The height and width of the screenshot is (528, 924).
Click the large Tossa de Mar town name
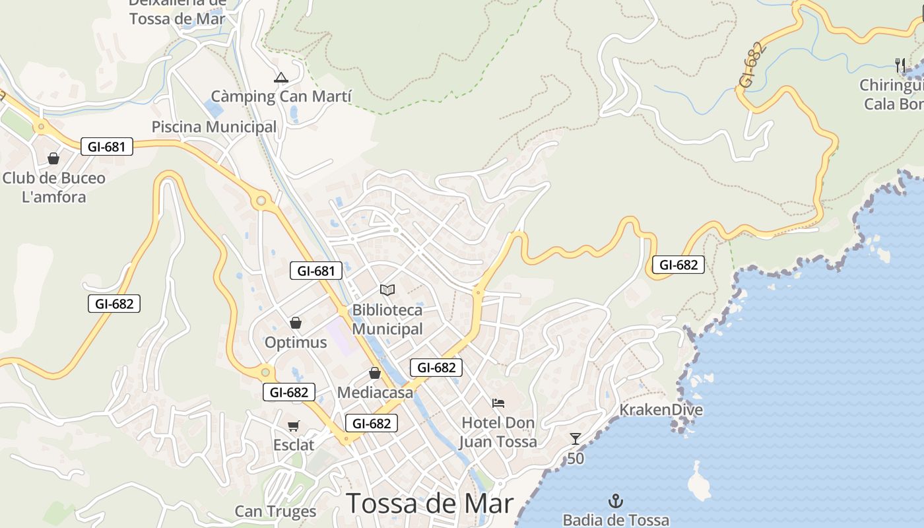click(x=430, y=504)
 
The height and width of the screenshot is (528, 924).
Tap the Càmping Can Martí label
click(x=281, y=97)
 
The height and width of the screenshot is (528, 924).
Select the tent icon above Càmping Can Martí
click(x=281, y=78)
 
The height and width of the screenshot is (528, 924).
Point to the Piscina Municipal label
click(x=214, y=127)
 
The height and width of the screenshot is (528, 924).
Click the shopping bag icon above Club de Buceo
click(x=53, y=158)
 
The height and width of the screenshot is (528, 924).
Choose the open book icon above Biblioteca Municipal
click(x=387, y=290)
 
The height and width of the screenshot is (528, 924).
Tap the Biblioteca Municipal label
click(x=387, y=319)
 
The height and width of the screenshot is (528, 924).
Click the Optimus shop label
click(x=296, y=343)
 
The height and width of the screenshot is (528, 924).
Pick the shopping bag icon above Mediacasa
click(x=375, y=373)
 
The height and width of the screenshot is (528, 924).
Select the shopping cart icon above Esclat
click(x=294, y=426)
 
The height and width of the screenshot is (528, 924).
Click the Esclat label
click(x=294, y=445)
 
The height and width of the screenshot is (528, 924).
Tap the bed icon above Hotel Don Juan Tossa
click(x=498, y=403)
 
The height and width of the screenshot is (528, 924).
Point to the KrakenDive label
click(x=661, y=410)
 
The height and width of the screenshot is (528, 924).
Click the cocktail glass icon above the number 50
click(x=576, y=439)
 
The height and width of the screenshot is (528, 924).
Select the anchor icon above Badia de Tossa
click(x=616, y=501)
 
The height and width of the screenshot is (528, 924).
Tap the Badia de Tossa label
click(x=616, y=520)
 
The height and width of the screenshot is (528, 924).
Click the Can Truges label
click(x=276, y=511)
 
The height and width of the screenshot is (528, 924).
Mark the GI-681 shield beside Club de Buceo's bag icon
click(x=107, y=147)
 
